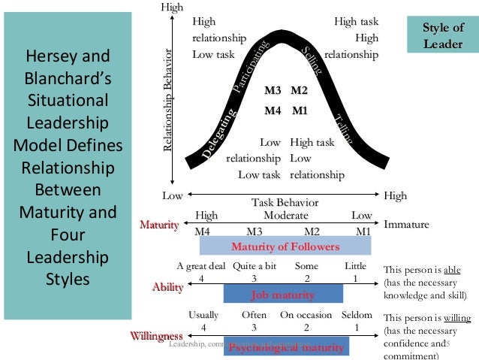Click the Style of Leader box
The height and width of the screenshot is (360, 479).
click(x=442, y=35)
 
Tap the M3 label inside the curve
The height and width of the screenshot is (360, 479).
click(x=273, y=91)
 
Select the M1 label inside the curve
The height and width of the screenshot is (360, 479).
click(x=300, y=110)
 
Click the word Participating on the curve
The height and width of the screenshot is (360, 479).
click(x=251, y=67)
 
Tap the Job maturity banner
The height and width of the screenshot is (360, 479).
click(x=283, y=294)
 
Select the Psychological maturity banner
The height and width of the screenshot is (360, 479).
click(x=287, y=347)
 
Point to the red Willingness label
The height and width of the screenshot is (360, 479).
click(x=157, y=335)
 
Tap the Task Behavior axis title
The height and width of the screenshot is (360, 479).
click(x=285, y=203)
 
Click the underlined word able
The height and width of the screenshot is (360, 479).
click(x=452, y=270)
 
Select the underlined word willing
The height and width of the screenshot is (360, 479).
click(x=456, y=318)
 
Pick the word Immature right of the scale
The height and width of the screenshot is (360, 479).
click(x=406, y=225)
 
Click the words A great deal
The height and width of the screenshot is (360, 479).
click(x=200, y=267)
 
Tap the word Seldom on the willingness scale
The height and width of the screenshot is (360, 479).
click(x=356, y=315)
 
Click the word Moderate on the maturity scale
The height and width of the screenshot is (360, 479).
click(x=286, y=215)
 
